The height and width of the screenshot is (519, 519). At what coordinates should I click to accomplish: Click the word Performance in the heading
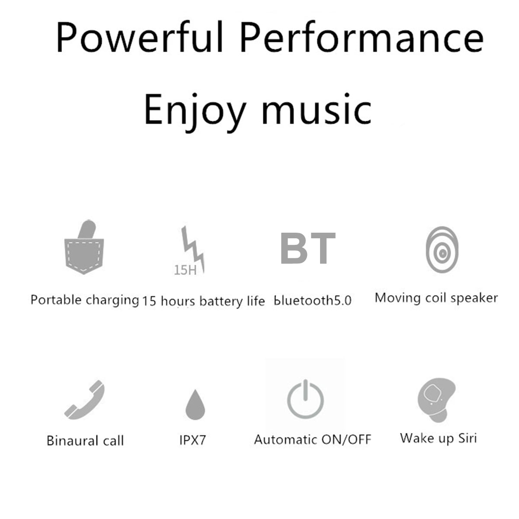point(362,37)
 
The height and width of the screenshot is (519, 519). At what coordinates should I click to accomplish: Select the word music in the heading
point(317,109)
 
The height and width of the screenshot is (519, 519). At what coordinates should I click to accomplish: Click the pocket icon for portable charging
point(84,247)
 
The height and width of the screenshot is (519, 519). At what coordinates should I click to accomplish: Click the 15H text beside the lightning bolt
point(185,269)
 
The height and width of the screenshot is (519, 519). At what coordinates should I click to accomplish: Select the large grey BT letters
point(308,248)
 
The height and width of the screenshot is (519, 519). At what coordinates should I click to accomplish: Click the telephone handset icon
point(85,400)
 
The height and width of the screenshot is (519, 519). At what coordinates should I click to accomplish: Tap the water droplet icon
point(195,404)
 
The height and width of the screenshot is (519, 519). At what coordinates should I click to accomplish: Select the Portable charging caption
point(85,300)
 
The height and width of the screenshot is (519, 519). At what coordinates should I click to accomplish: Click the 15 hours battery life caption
point(204,301)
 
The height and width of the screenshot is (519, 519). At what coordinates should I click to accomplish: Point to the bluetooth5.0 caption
point(313,300)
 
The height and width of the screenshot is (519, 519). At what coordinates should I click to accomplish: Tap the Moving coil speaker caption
point(436,298)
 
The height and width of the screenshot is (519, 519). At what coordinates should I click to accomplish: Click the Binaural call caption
point(85,441)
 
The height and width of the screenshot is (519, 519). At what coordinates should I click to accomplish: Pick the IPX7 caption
point(193,440)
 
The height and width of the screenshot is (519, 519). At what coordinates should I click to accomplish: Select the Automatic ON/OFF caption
point(313,439)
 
